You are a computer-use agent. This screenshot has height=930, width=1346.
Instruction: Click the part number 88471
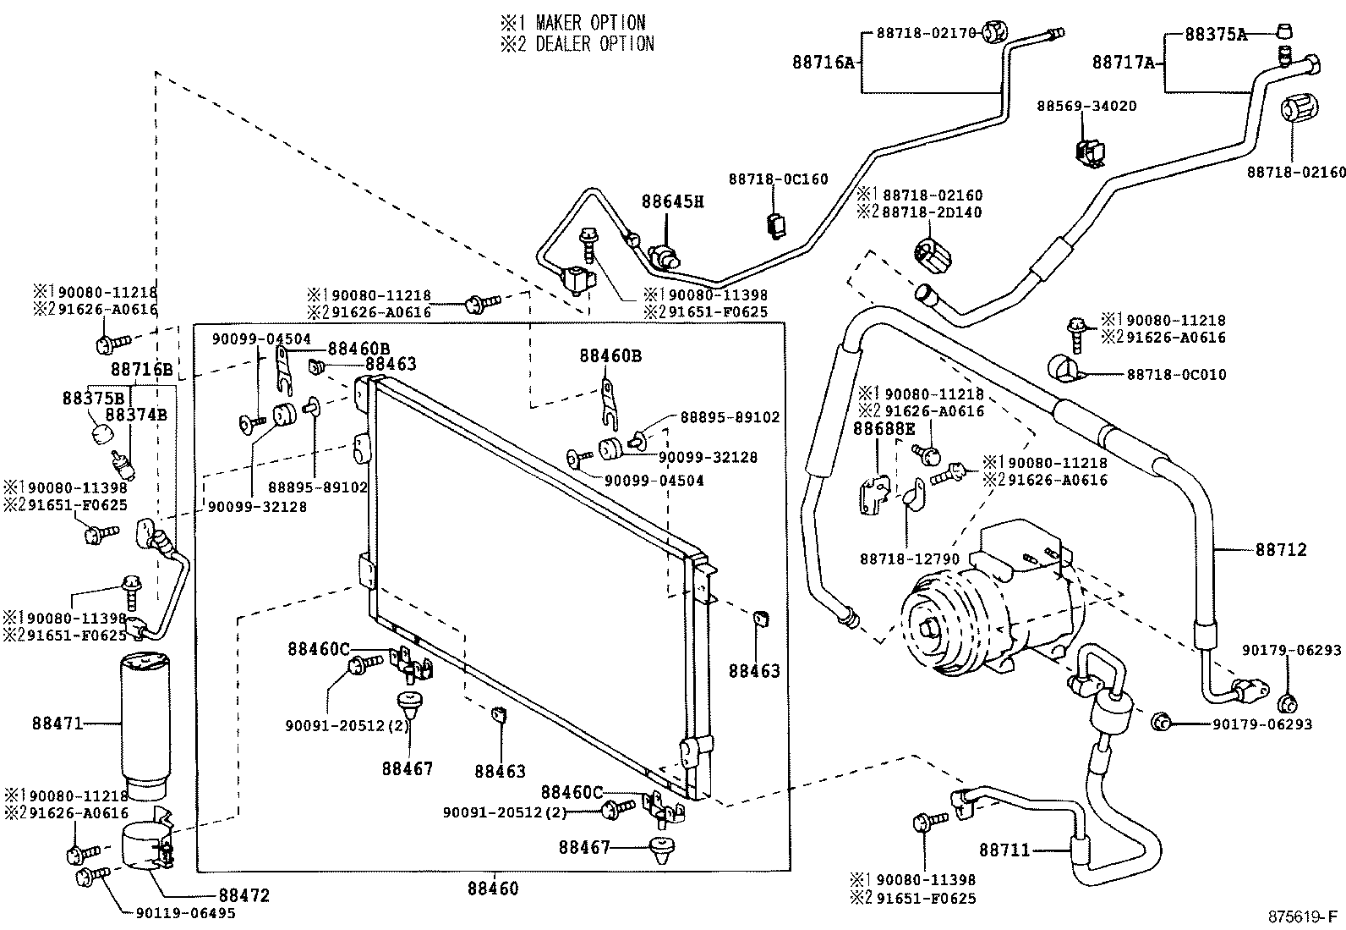(57, 724)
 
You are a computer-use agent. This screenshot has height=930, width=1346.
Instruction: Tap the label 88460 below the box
(492, 889)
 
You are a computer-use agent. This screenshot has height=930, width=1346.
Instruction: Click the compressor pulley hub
(932, 630)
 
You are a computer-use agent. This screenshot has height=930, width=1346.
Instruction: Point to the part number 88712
(1281, 550)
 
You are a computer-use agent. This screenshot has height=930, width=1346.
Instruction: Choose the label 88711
(1004, 849)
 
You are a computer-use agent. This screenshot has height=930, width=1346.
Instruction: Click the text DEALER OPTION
(594, 44)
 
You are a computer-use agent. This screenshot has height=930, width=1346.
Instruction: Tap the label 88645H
(672, 201)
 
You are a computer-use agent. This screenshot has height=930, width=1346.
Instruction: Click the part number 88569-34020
(1086, 107)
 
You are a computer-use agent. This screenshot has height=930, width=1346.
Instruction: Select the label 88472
(243, 894)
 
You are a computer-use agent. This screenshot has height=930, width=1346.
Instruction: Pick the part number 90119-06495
(185, 914)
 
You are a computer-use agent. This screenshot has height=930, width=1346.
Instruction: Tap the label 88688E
(884, 429)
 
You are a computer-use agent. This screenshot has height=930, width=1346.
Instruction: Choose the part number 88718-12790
(910, 559)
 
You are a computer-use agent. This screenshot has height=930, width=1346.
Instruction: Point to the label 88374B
(135, 415)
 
